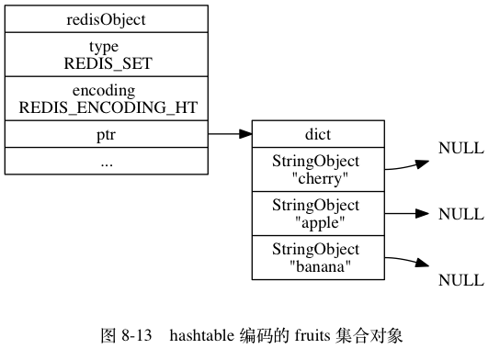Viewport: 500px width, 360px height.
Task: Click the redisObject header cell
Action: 107,18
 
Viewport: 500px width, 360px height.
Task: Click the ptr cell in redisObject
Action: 107,135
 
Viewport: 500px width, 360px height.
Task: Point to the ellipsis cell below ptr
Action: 107,161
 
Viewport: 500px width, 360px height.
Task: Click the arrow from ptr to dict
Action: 230,135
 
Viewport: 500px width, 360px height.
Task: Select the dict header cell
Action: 317,135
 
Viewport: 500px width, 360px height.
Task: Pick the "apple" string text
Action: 317,221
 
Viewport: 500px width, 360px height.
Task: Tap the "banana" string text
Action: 317,266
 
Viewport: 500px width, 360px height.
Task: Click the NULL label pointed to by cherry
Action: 460,149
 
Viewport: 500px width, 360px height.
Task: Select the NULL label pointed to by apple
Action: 460,214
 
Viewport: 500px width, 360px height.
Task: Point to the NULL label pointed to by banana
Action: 460,280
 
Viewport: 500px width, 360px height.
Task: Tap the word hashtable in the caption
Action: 199,336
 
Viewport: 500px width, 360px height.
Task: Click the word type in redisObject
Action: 107,46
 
